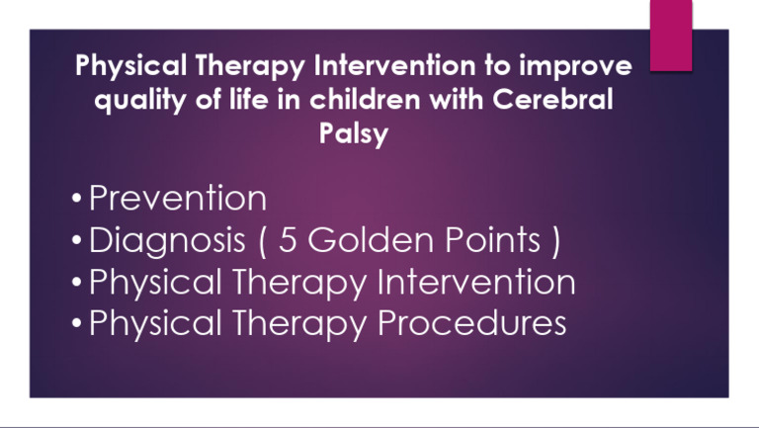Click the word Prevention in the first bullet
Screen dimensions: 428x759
[x=178, y=199]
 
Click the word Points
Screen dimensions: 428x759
[x=489, y=240]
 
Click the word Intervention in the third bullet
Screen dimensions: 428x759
[x=476, y=283]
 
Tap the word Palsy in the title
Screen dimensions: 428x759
[x=354, y=132]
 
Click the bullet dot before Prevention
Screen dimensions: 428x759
[x=77, y=202]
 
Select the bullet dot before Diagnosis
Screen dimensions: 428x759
[x=77, y=243]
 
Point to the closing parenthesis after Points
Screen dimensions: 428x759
[x=557, y=241]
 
